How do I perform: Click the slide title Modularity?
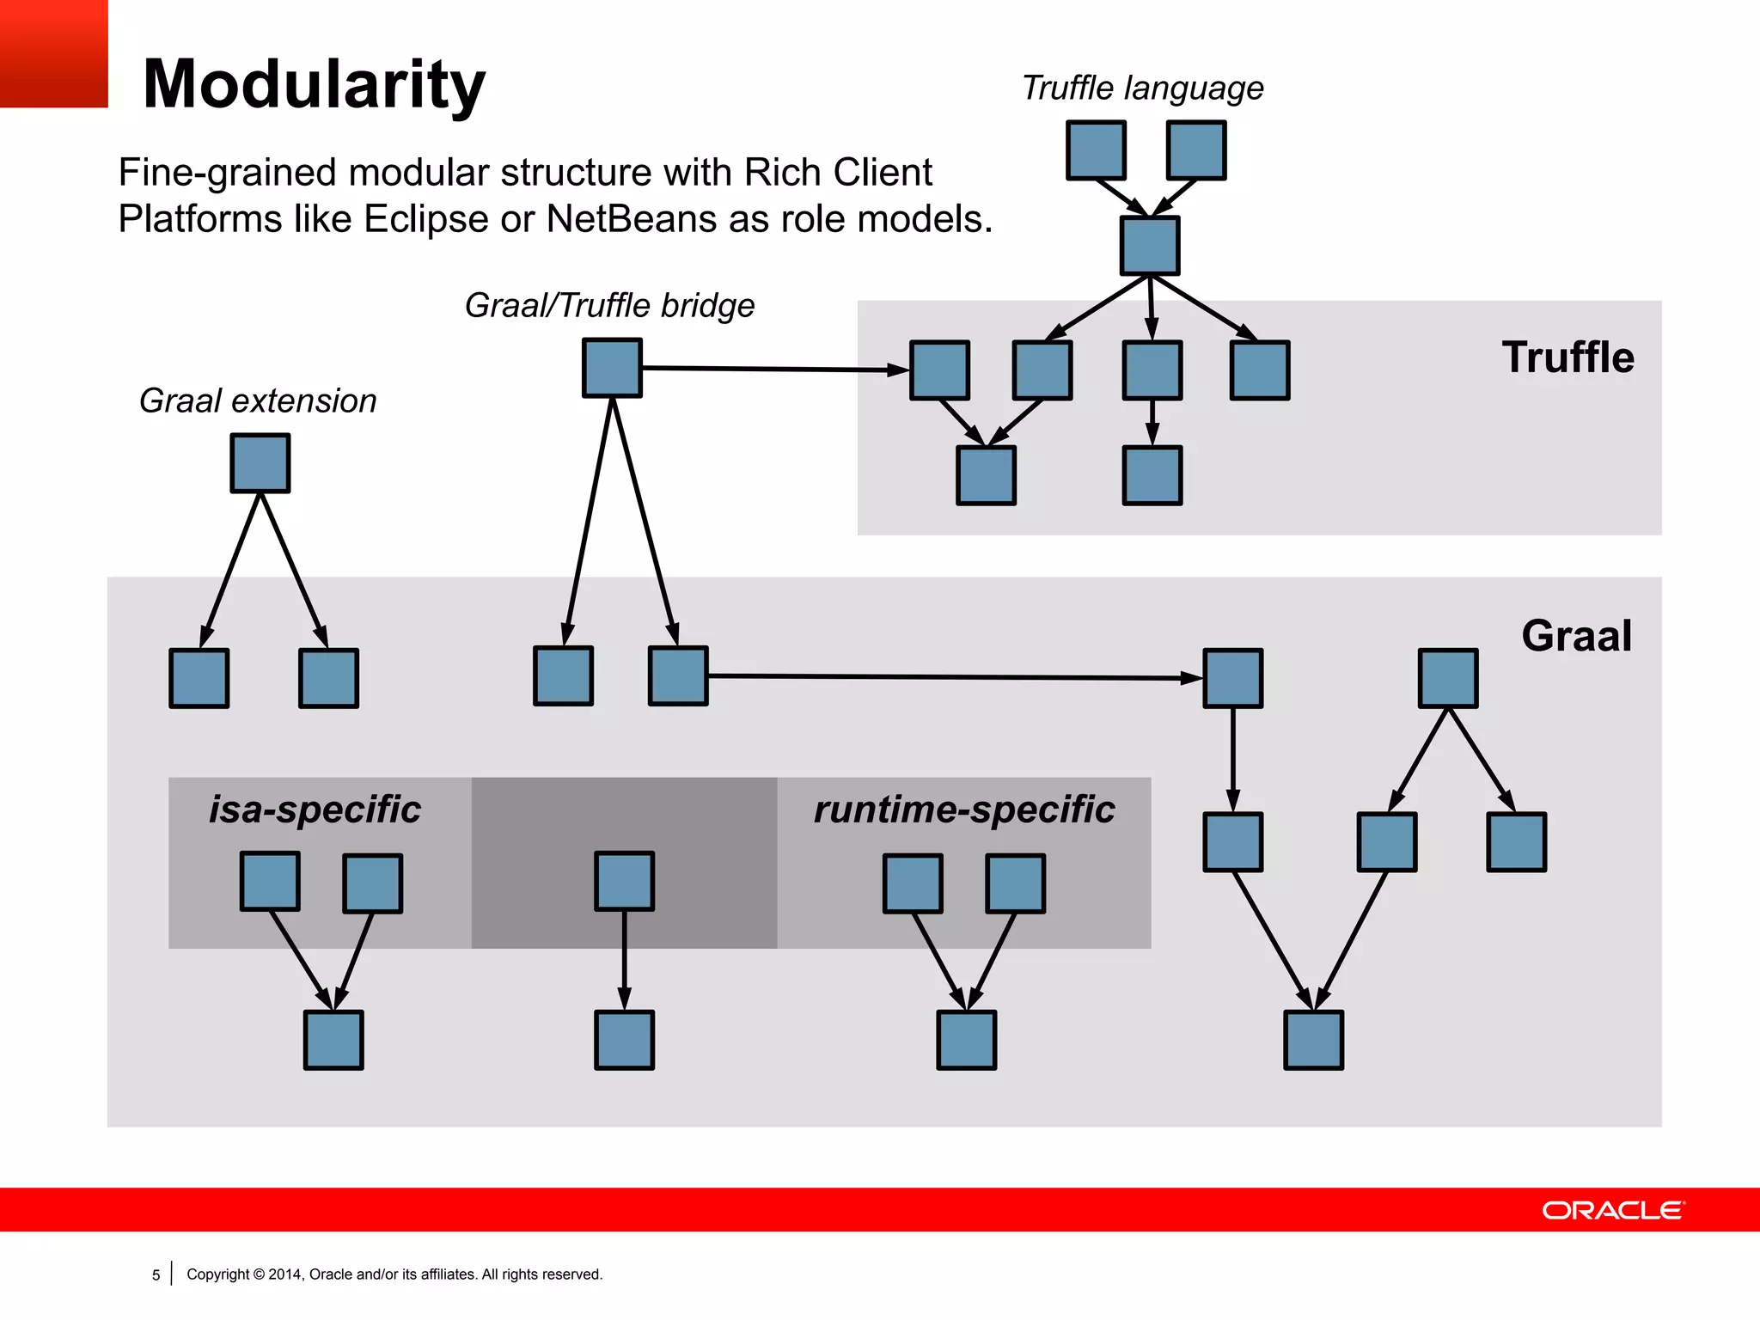(314, 85)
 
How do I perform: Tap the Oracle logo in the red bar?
(1613, 1210)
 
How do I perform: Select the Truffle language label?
(1142, 89)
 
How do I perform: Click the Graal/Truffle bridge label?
(609, 306)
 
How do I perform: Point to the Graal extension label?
(258, 401)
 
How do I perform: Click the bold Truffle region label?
(1567, 357)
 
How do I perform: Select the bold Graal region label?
(1576, 637)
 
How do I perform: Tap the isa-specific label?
(315, 810)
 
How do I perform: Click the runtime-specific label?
(963, 810)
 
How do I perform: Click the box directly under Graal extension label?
(260, 463)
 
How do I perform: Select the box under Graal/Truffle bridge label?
(612, 368)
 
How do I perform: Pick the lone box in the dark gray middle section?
(624, 881)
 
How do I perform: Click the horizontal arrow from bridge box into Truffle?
(773, 369)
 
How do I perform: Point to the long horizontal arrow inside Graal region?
(954, 677)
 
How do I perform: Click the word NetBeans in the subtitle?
(632, 219)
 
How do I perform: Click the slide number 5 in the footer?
(156, 1275)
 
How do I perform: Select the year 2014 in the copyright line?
(285, 1274)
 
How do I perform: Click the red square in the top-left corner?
(53, 53)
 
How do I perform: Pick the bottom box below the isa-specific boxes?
(333, 1040)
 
